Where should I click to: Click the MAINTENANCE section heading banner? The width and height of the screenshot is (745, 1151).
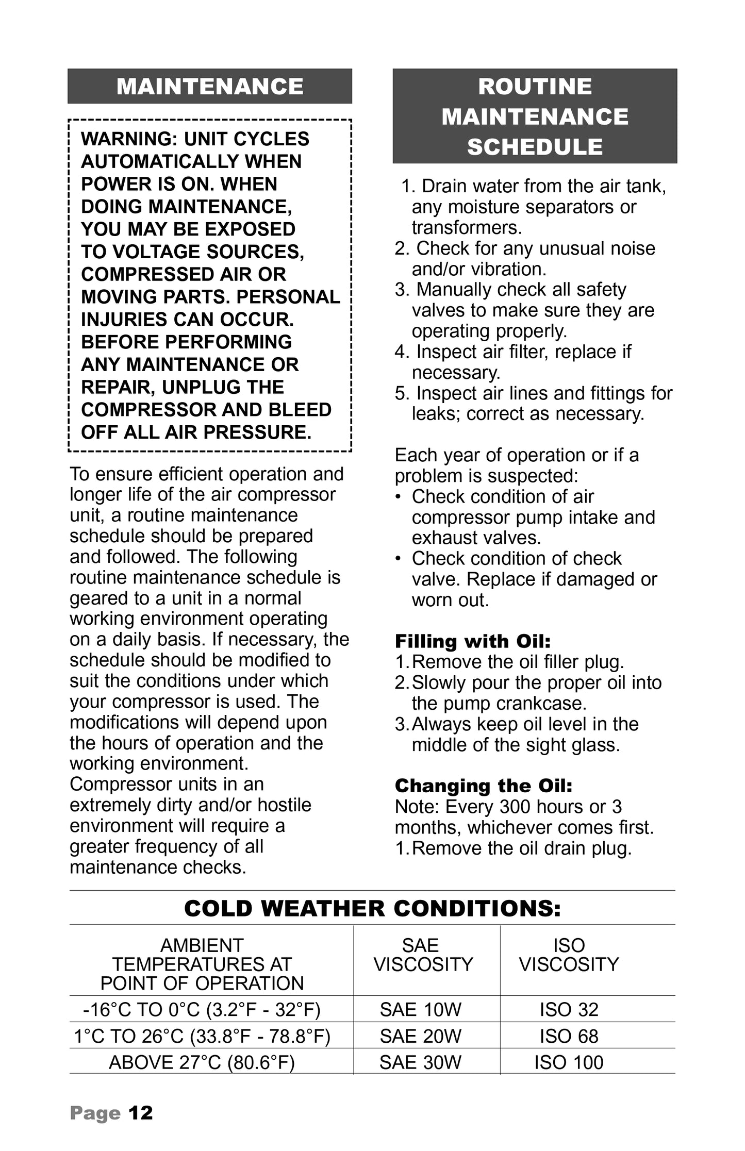coord(210,86)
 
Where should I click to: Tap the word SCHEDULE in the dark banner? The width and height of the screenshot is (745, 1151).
coord(535,147)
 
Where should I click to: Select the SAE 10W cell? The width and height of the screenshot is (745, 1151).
coord(420,1009)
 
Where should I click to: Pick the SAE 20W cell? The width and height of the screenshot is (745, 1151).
coord(420,1036)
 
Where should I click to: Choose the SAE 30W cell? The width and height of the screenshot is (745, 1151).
coord(420,1062)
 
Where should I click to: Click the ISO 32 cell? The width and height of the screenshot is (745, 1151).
coord(569,1009)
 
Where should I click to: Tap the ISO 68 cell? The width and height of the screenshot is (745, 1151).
coord(569,1036)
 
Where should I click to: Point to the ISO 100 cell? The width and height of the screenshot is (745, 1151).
coord(569,1062)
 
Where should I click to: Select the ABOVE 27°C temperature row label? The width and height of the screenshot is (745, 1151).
coord(202,1062)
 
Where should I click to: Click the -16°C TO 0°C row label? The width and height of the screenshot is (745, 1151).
coord(202,1009)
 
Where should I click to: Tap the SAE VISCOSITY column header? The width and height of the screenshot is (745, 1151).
coord(423,955)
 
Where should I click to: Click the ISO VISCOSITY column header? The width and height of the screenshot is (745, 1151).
coord(569,955)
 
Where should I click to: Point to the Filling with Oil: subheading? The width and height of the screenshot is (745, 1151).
coord(473,641)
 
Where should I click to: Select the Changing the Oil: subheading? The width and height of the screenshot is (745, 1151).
coord(484,786)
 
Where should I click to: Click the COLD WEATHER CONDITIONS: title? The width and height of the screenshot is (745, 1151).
coord(372,908)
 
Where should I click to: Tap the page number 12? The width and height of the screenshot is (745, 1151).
coord(141,1113)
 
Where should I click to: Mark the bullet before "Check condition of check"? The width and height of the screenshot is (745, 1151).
coord(398,559)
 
